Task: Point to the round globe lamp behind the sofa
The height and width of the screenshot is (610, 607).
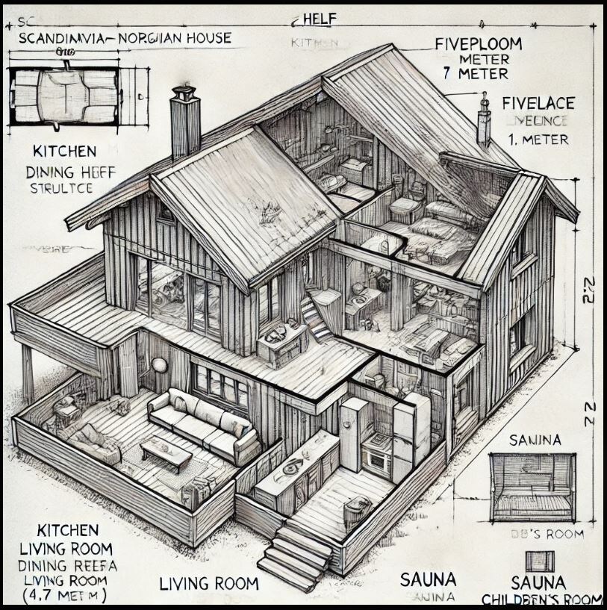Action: click(160, 365)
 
